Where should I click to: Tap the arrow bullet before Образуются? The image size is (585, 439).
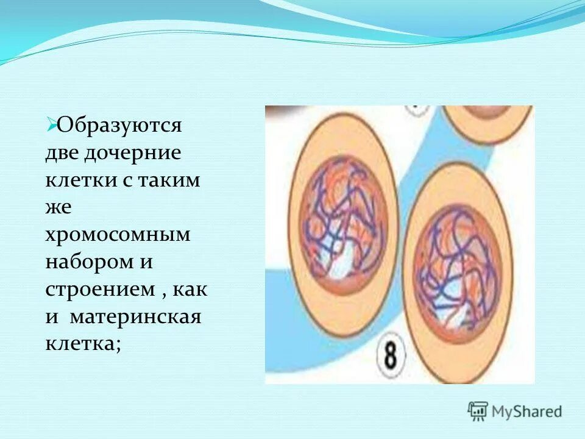(51, 124)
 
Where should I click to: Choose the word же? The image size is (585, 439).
(58, 208)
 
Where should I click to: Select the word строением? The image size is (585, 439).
(100, 290)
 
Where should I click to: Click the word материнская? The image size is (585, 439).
(135, 318)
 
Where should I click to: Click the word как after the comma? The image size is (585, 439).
(191, 290)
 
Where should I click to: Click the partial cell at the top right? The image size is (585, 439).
(487, 122)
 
